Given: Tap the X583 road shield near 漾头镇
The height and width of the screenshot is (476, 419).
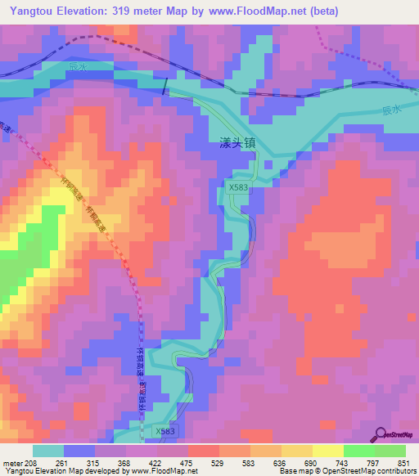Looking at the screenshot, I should click(238, 187).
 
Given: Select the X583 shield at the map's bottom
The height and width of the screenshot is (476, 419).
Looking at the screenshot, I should click(164, 430).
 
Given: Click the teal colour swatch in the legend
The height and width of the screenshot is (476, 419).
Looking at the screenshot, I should click(48, 451).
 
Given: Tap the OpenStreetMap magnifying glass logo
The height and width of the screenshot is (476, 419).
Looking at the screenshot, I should click(381, 433).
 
